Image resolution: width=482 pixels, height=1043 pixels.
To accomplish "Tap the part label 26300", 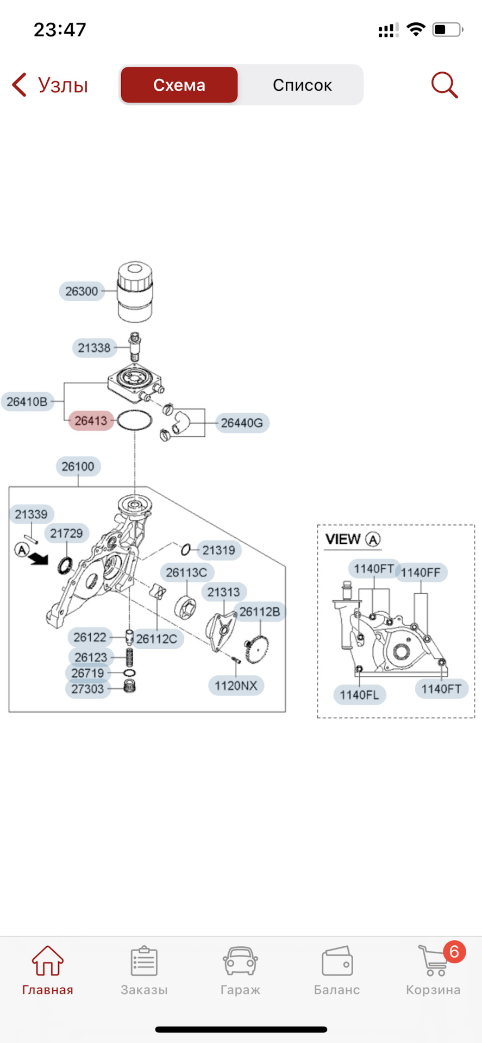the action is pyautogui.click(x=82, y=291).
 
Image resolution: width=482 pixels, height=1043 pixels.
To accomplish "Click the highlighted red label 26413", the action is pyautogui.click(x=91, y=420).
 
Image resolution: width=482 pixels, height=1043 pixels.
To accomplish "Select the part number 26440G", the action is pyautogui.click(x=242, y=423).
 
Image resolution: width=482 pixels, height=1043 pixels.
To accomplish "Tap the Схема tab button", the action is pyautogui.click(x=179, y=85).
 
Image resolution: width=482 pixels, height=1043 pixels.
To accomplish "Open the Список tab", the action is pyautogui.click(x=302, y=85).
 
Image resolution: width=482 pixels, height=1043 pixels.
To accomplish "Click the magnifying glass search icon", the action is pyautogui.click(x=445, y=85).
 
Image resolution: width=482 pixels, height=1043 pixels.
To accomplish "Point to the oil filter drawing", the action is pyautogui.click(x=135, y=291).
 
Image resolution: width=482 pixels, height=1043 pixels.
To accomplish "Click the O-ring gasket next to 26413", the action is pyautogui.click(x=134, y=421).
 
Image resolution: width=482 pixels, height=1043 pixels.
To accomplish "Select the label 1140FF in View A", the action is pyautogui.click(x=421, y=573).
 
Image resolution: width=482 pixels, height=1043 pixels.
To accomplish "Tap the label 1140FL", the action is pyautogui.click(x=359, y=695).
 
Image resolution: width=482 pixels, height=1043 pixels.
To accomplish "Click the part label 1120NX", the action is pyautogui.click(x=236, y=686).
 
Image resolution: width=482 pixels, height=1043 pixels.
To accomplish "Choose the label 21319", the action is pyautogui.click(x=218, y=550).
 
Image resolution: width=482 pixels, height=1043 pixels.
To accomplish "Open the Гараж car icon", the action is pyautogui.click(x=240, y=961).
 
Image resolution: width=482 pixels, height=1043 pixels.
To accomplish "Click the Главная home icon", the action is pyautogui.click(x=48, y=960).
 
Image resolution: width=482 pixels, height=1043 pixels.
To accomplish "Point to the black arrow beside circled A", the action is pyautogui.click(x=39, y=558).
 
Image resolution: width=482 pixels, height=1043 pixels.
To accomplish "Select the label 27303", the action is pyautogui.click(x=87, y=689).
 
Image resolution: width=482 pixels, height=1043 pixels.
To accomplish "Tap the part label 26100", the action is pyautogui.click(x=78, y=466).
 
